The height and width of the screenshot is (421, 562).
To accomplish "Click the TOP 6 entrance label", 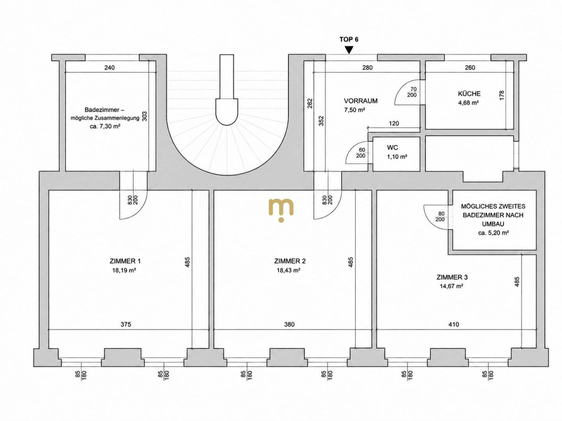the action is point(349,39).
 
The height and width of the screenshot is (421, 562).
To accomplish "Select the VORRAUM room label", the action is point(361,101).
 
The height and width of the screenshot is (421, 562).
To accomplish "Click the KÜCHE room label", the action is point(469,94).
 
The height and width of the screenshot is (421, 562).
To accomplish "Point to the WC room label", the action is point(392,147).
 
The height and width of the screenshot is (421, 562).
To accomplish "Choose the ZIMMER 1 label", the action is point(125,261).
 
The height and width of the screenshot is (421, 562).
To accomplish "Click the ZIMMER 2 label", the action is point(290,261).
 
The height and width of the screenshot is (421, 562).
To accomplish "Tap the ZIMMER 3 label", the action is point(452,277).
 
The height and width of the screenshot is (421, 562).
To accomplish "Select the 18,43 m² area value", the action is point(288,270).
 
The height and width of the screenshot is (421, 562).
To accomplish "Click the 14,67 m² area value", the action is point(451,286).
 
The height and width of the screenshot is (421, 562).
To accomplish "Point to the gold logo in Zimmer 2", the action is point(281,210).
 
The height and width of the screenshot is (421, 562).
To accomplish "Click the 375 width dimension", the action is point(126,324).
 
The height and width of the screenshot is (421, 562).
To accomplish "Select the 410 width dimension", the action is point(454,324).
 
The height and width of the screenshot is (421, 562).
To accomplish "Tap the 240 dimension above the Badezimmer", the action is point(110,67).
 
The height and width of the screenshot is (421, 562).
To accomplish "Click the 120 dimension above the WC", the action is point(394,124).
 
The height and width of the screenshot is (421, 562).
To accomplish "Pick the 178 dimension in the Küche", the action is point(502,96).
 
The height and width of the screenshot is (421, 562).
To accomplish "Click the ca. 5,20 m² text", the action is point(493,233).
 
